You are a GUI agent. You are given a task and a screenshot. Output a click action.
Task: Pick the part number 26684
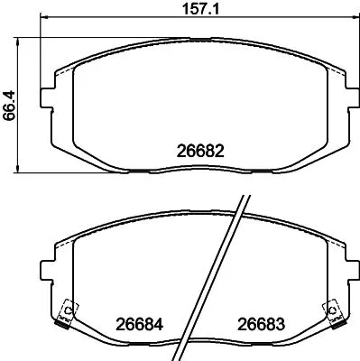pos(135,323)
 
